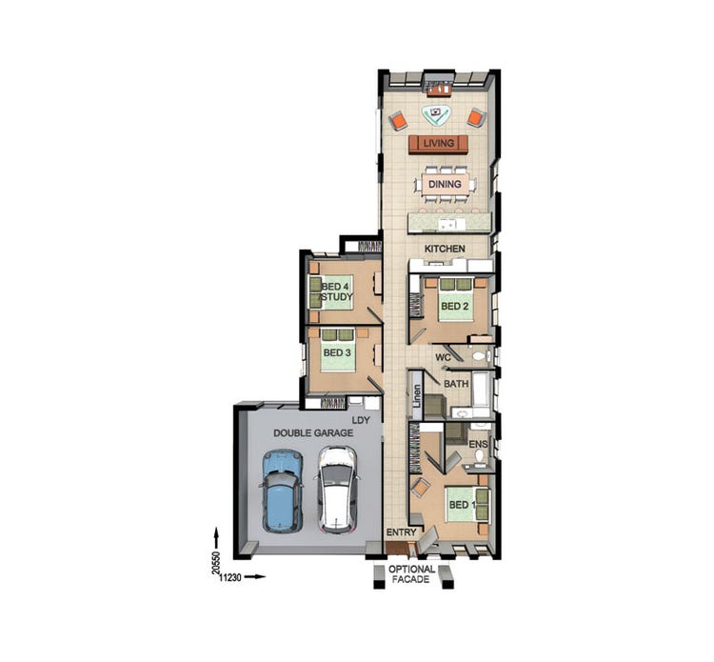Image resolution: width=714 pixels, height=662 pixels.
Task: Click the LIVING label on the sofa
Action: [x=439, y=144]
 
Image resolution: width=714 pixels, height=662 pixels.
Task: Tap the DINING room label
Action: [x=445, y=184]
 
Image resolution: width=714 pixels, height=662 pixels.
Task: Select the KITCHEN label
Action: [x=445, y=249]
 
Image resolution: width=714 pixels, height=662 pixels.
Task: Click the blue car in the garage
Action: [x=281, y=490]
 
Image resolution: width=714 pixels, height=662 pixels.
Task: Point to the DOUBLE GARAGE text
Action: [x=313, y=432]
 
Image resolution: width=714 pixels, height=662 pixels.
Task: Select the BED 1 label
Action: [x=463, y=504]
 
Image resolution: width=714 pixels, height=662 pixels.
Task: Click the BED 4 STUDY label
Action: [x=337, y=291]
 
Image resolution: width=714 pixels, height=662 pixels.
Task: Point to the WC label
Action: [x=443, y=357]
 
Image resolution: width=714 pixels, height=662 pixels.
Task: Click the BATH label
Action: [x=456, y=384]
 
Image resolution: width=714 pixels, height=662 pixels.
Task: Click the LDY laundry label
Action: [x=361, y=419]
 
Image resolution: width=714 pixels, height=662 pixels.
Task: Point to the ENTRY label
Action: [x=399, y=532]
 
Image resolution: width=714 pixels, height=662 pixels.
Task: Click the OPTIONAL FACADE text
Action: [x=411, y=574]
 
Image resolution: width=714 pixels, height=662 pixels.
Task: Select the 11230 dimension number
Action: [x=233, y=576]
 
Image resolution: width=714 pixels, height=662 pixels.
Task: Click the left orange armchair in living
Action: [x=398, y=121]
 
